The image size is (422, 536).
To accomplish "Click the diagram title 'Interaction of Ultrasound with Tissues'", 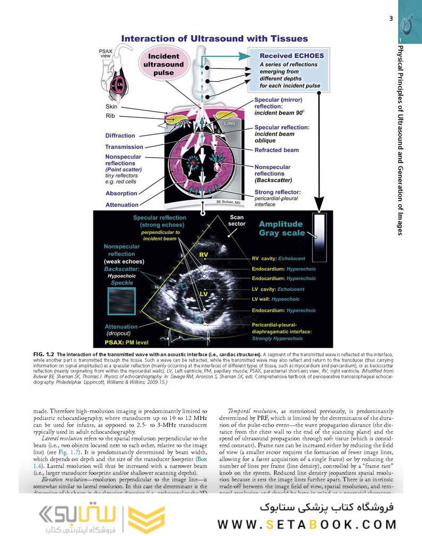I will click(x=214, y=38).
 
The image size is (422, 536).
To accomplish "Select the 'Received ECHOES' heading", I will click(x=291, y=56).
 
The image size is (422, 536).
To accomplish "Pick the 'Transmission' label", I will click(x=124, y=147).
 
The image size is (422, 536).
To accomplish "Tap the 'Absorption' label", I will click(x=121, y=193).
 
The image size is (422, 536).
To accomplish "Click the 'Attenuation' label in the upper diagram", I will click(x=122, y=205).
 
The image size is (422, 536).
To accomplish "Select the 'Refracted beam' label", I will click(x=276, y=150).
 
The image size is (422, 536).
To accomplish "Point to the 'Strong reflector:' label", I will click(x=278, y=192).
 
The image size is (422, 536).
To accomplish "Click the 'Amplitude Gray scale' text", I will click(x=281, y=228).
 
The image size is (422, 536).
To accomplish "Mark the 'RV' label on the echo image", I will click(x=203, y=255).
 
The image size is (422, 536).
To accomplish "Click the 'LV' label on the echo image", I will click(x=203, y=293).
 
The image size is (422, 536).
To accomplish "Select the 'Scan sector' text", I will click(x=237, y=220).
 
